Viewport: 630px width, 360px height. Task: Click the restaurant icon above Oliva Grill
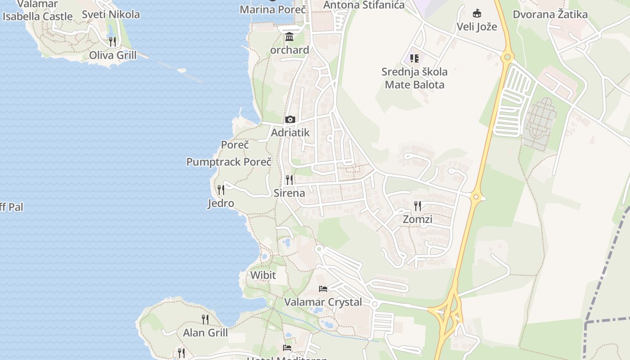coord(112,41)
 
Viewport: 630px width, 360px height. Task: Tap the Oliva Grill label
coord(112,55)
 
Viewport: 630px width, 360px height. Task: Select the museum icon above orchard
coord(289,36)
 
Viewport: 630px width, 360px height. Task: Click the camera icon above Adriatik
coord(290,119)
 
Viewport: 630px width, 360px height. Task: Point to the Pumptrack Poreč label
coord(229,162)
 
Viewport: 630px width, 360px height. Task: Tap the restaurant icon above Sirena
coord(289,180)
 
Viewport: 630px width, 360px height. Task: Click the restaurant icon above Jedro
coord(220,189)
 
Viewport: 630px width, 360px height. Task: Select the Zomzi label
coord(418,220)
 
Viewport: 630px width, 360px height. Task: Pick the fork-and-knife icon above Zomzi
coord(418,206)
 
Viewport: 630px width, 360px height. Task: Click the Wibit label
coord(263,275)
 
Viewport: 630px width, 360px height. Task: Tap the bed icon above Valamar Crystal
coord(323,288)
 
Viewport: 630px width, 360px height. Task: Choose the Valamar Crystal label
coord(323,302)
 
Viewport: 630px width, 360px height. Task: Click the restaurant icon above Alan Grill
coord(205,319)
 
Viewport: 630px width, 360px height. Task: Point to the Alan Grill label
coord(205,333)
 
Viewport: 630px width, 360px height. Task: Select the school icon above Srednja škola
coord(414,58)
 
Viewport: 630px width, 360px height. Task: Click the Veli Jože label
coord(477,27)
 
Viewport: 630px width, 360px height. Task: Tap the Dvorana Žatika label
coord(550,14)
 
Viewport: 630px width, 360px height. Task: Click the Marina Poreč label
coord(273,9)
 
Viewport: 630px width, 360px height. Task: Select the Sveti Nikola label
coord(111,14)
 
